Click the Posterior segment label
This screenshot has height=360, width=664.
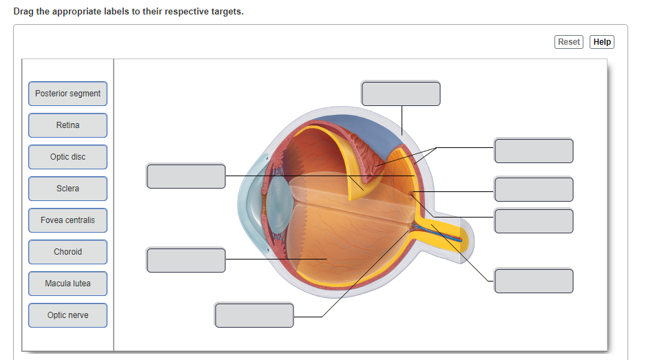point(68,94)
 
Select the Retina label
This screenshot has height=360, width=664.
point(68,125)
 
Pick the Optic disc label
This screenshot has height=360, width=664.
point(68,157)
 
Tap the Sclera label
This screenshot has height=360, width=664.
point(68,189)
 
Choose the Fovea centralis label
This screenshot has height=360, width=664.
point(68,220)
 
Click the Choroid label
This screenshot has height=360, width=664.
point(68,252)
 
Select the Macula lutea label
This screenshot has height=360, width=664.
point(68,284)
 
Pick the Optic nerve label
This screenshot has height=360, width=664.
point(68,315)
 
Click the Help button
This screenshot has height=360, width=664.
point(601,42)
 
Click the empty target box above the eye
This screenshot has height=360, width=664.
point(400,94)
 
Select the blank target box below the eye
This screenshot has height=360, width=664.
point(254,315)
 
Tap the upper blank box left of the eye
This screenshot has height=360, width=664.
point(186,176)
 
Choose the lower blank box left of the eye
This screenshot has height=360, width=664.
point(186,260)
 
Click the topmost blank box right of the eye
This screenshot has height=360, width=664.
point(533,151)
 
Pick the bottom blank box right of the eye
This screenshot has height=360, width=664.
point(533,281)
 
